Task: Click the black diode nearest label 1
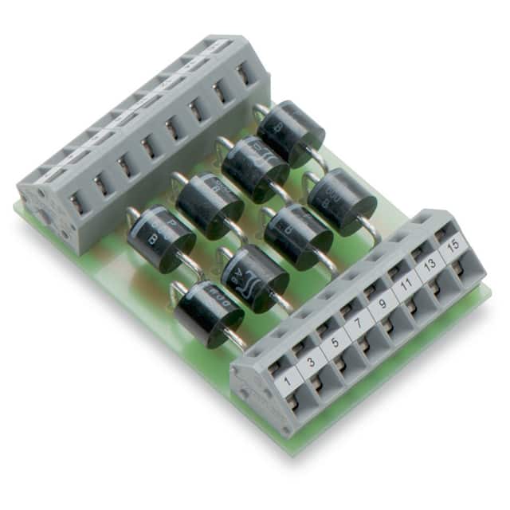[209, 313]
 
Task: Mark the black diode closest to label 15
[342, 202]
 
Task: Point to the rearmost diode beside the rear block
[291, 133]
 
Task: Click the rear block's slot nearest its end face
[76, 204]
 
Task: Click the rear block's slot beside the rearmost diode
[243, 74]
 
